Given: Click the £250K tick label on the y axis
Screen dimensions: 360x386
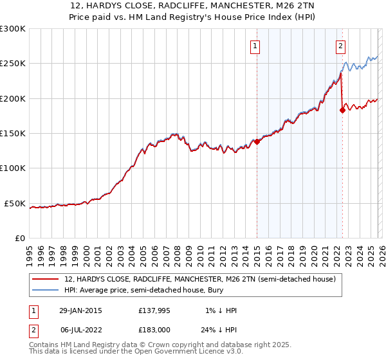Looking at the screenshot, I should click(13, 64).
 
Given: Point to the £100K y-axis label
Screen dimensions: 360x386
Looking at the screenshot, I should click(13, 168).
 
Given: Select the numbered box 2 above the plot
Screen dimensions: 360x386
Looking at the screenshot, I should click(340, 46).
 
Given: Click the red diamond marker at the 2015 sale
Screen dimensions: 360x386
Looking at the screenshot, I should click(257, 141).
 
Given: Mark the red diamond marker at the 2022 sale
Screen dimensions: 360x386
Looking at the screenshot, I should click(342, 110).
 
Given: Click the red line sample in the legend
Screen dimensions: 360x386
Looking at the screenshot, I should click(46, 280).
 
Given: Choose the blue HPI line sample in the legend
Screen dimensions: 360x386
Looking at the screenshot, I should click(46, 291).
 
